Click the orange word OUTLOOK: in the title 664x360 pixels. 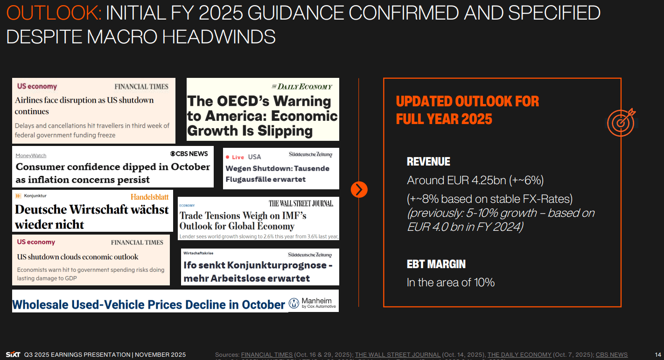pyautogui.click(x=54, y=14)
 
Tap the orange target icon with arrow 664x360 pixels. pyautogui.click(x=621, y=122)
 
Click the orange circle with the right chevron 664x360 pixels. pyautogui.click(x=359, y=189)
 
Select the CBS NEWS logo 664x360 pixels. pyautogui.click(x=189, y=153)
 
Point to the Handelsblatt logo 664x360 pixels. pyautogui.click(x=149, y=197)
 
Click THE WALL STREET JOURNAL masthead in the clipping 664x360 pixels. pyautogui.click(x=301, y=203)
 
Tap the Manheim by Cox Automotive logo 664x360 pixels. pyautogui.click(x=313, y=303)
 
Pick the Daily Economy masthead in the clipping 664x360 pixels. pyautogui.click(x=302, y=86)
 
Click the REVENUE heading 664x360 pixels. pyautogui.click(x=428, y=162)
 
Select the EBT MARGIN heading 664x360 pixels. pyautogui.click(x=436, y=264)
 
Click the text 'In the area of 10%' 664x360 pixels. pyautogui.click(x=451, y=282)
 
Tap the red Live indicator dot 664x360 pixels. pyautogui.click(x=228, y=157)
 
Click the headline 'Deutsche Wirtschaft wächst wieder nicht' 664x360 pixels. pyautogui.click(x=92, y=217)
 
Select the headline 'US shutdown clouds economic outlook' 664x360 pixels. pyautogui.click(x=77, y=257)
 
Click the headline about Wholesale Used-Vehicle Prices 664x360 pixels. pyautogui.click(x=148, y=305)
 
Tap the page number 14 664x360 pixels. pyautogui.click(x=658, y=354)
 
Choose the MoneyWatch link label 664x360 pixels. pyautogui.click(x=31, y=156)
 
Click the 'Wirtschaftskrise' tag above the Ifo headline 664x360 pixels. pyautogui.click(x=198, y=253)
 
